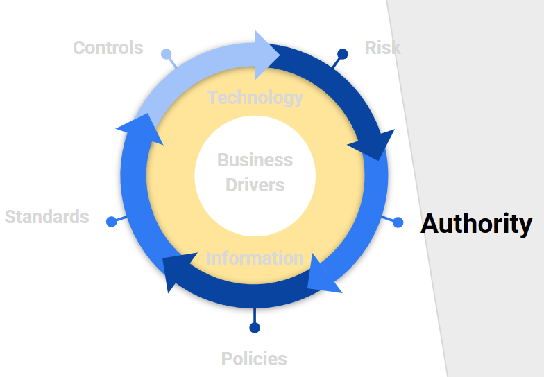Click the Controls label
tap(108, 48)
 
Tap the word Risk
tap(382, 48)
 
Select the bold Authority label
tap(476, 224)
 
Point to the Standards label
tap(46, 217)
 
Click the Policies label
tap(254, 359)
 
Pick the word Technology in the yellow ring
tap(255, 98)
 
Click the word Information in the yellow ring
tap(255, 258)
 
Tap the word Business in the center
tap(255, 160)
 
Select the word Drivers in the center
tap(255, 186)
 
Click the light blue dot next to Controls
tap(166, 54)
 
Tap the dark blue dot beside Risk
tap(342, 53)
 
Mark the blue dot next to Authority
tap(398, 222)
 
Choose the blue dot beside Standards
tap(112, 222)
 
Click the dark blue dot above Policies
tap(255, 328)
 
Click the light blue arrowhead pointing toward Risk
tap(266, 54)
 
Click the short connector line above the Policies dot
tap(255, 315)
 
